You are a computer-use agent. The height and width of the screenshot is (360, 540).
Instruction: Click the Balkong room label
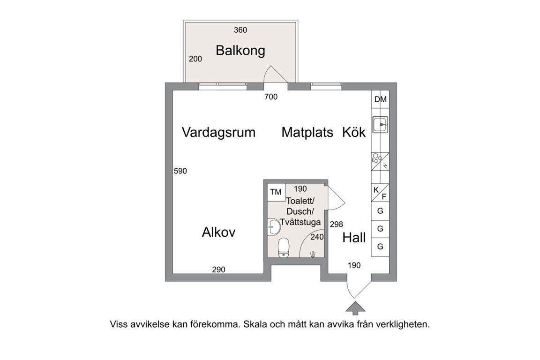click(x=240, y=51)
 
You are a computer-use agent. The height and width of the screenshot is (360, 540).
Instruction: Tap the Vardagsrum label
click(x=219, y=132)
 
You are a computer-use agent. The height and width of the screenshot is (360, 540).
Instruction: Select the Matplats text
click(x=307, y=132)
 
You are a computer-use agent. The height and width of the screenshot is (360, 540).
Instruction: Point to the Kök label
click(x=354, y=132)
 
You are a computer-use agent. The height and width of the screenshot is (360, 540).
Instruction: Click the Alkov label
click(x=219, y=232)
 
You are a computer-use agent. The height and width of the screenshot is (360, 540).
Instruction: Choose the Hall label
click(x=354, y=238)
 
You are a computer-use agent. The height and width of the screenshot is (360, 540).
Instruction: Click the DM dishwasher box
click(x=380, y=99)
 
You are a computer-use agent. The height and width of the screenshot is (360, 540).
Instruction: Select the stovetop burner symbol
click(x=376, y=158)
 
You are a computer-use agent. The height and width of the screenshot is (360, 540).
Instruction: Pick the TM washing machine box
click(x=276, y=192)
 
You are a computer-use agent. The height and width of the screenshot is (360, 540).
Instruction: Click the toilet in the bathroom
click(x=284, y=248)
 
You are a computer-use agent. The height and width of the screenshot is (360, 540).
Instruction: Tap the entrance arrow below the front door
click(x=355, y=308)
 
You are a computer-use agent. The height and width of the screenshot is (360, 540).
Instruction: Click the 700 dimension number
click(x=271, y=97)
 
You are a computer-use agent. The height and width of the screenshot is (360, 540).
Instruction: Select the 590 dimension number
click(x=180, y=171)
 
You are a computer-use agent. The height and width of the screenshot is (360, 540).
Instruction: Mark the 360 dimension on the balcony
click(x=240, y=30)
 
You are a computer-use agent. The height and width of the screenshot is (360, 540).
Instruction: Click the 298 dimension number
click(x=337, y=225)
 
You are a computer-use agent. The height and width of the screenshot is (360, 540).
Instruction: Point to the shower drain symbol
click(x=313, y=254)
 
